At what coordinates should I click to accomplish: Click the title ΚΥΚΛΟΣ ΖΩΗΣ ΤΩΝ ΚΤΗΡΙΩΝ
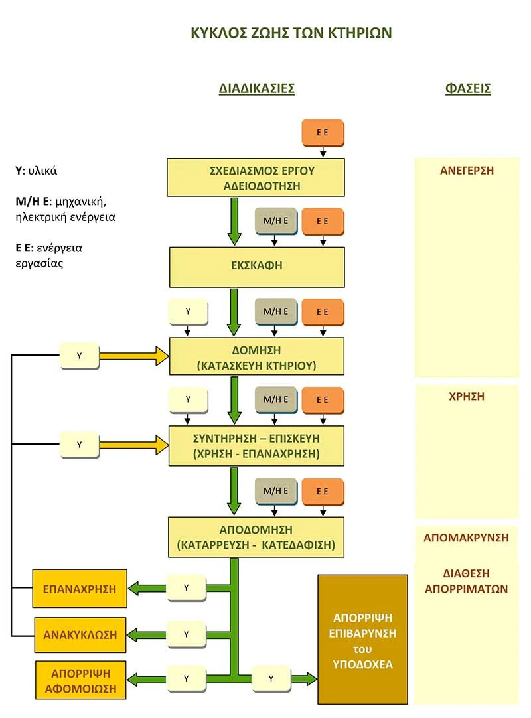[291, 33]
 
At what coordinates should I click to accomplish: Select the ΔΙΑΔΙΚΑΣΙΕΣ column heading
[256, 88]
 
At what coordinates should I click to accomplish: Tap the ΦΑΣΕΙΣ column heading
[467, 88]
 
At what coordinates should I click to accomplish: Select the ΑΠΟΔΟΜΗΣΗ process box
[256, 538]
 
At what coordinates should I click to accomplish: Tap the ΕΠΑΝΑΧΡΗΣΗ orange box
[80, 589]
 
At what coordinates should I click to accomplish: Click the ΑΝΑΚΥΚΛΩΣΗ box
[80, 635]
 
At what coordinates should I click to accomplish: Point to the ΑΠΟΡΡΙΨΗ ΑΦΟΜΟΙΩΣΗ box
[80, 680]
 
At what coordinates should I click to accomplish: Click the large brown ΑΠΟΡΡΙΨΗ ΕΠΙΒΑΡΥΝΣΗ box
[362, 640]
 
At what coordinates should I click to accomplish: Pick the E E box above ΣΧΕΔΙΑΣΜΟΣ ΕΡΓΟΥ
[323, 133]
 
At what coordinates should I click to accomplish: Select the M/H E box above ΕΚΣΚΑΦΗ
[276, 222]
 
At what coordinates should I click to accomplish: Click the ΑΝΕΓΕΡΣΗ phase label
[467, 171]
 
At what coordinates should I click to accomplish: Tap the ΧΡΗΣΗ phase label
[467, 397]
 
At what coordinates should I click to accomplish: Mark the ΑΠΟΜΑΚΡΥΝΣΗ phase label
[467, 538]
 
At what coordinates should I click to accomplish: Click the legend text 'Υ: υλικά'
[37, 171]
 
